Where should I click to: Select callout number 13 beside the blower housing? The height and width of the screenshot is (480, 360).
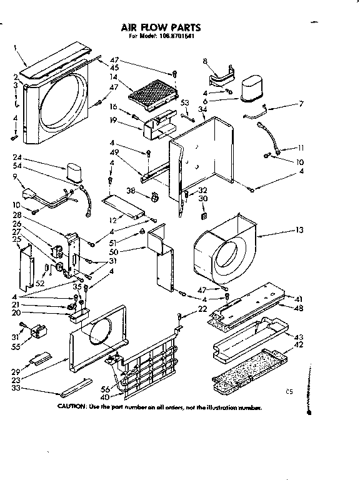(299, 231)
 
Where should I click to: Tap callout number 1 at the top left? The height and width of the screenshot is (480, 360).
(16, 47)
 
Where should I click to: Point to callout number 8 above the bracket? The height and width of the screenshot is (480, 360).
(204, 61)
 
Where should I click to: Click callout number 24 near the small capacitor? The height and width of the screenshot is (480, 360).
(17, 157)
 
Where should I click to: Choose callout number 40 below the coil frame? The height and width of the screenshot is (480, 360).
(104, 397)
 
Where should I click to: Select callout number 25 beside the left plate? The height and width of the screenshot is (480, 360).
(16, 239)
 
